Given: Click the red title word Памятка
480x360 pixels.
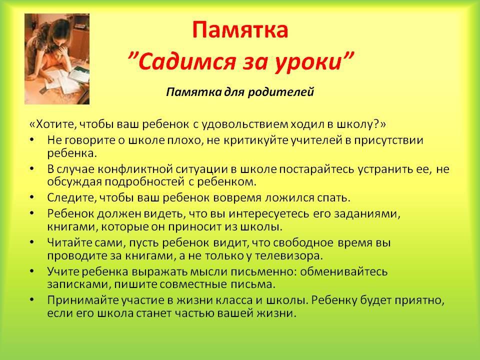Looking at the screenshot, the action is pyautogui.click(x=240, y=30).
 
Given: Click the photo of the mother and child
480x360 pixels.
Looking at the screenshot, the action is pyautogui.click(x=57, y=59).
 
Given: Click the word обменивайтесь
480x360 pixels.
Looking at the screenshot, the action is pyautogui.click(x=343, y=271).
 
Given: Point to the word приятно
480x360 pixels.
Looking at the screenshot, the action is pyautogui.click(x=419, y=300).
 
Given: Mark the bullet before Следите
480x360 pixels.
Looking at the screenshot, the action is pyautogui.click(x=32, y=197).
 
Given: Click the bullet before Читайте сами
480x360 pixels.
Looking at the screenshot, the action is pyautogui.click(x=32, y=242).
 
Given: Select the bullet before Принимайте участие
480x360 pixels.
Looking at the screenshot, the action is pyautogui.click(x=32, y=299).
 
